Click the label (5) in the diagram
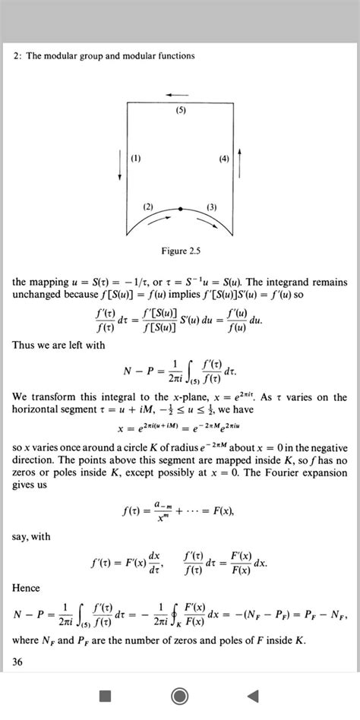(x=180, y=111)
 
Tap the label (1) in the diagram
(x=136, y=159)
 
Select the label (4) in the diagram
(x=223, y=159)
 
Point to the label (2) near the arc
(x=148, y=207)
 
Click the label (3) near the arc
(x=212, y=207)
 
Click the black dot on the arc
(x=180, y=208)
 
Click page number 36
(x=18, y=662)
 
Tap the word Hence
(x=27, y=588)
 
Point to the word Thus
(x=24, y=344)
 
